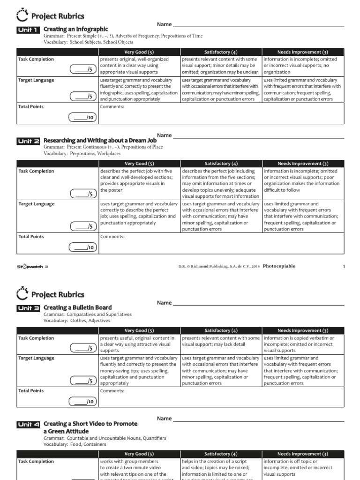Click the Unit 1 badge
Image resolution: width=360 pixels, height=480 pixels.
(29, 30)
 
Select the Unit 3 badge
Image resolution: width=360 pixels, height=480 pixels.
(29, 308)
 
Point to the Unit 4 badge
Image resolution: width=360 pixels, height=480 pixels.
(29, 424)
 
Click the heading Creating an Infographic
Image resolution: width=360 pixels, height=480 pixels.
(75, 29)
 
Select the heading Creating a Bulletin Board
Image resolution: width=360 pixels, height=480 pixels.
(77, 307)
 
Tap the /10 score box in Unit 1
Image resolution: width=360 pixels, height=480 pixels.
(82, 117)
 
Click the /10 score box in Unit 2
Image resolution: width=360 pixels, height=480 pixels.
(82, 247)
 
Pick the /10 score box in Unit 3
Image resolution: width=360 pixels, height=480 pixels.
(82, 401)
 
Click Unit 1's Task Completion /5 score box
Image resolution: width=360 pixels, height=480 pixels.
(82, 70)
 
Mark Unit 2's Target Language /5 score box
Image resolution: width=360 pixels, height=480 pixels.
(82, 226)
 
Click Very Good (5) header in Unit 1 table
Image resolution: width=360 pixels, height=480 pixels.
(139, 52)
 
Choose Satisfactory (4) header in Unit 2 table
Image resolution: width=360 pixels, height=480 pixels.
(221, 164)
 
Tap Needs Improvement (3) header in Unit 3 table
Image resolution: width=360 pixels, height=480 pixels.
(303, 330)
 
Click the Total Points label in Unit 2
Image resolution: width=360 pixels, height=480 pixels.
(31, 237)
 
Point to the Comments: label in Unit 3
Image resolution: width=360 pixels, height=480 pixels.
(112, 390)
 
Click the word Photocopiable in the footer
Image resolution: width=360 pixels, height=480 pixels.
(279, 266)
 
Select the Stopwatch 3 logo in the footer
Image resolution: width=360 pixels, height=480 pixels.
(33, 267)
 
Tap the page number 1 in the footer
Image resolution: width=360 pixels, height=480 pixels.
(344, 267)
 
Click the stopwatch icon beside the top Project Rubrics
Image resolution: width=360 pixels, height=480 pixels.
(22, 16)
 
